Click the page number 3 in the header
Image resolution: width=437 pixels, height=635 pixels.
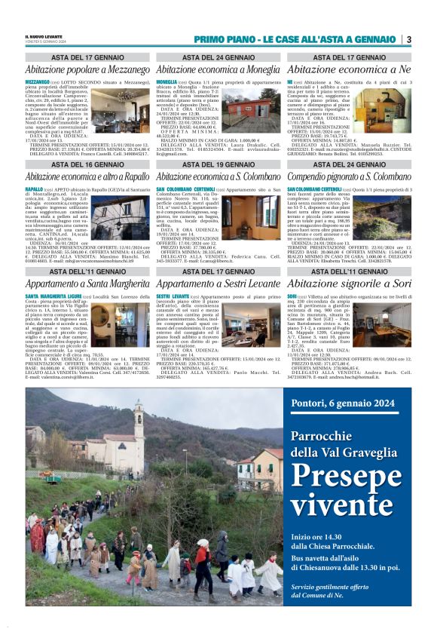click(x=408, y=39)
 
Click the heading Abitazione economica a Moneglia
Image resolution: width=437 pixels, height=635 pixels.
click(x=218, y=69)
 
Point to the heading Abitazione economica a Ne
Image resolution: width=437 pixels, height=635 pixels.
click(x=350, y=69)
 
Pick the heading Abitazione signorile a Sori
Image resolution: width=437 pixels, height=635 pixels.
click(x=350, y=284)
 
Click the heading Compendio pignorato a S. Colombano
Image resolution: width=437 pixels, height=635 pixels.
click(x=350, y=176)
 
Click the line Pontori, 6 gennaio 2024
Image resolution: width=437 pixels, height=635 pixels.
click(x=342, y=403)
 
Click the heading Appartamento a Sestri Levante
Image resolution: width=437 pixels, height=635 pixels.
click(x=218, y=284)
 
